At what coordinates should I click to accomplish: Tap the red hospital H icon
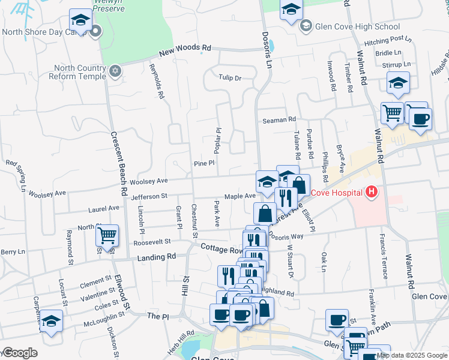click(x=372, y=193)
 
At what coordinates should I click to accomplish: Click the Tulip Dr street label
click(x=229, y=78)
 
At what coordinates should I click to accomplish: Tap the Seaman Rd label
click(x=279, y=120)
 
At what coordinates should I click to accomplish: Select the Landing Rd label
click(x=156, y=256)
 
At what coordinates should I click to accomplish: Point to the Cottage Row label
click(x=220, y=248)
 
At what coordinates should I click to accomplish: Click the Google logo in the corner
click(x=19, y=353)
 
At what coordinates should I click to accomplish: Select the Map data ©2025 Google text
click(x=412, y=355)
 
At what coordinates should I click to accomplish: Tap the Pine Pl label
click(x=203, y=164)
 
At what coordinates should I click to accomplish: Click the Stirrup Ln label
click(x=398, y=64)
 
